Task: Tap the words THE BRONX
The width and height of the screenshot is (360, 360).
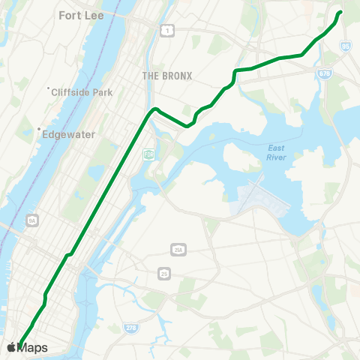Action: click(x=167, y=76)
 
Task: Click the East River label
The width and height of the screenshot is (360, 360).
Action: click(x=276, y=153)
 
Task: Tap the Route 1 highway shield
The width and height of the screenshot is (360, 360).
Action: click(x=167, y=29)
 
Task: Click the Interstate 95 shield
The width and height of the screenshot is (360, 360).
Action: click(x=345, y=46)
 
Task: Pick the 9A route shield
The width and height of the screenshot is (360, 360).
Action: click(x=31, y=220)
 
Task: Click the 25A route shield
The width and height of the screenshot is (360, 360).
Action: click(x=178, y=249)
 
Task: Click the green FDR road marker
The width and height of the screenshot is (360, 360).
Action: click(x=148, y=154)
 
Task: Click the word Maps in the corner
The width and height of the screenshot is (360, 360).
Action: click(x=32, y=348)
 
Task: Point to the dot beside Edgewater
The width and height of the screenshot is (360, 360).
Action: click(x=39, y=129)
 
